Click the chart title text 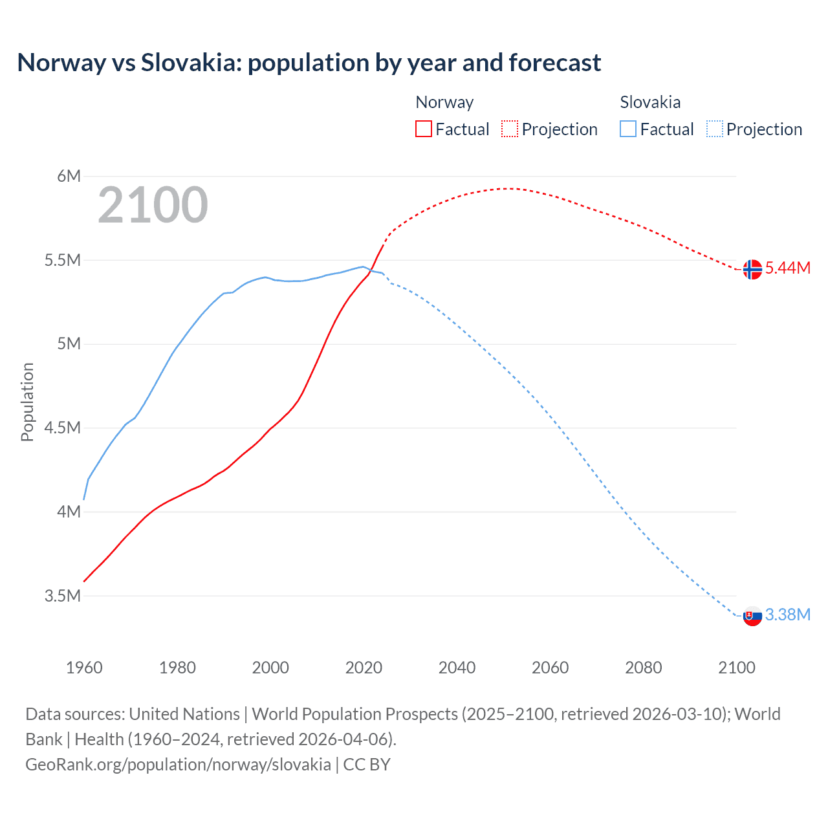309,63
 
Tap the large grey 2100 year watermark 153,205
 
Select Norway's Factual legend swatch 424,129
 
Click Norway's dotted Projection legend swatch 510,129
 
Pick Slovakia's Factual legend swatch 628,129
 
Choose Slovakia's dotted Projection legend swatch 715,129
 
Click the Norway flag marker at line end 752,269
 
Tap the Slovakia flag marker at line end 752,616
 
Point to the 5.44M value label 788,268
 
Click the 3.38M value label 788,615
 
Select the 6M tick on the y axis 69,176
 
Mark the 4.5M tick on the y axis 63,428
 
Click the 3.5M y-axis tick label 63,596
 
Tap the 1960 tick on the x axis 84,668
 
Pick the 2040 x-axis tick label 457,668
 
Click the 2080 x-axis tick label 643,668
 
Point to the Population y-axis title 27,402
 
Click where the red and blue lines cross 371,269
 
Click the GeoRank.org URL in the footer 178,765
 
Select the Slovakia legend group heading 650,102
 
